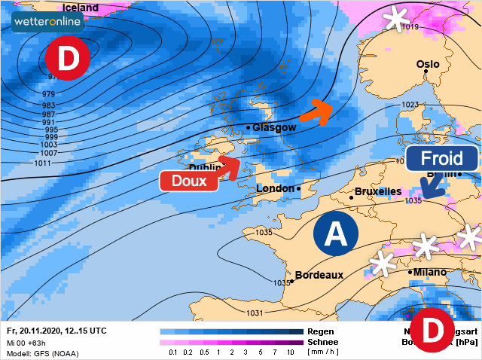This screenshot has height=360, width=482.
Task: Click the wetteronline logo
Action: pos(47,21)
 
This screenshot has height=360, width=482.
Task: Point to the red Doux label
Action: pos(188,181)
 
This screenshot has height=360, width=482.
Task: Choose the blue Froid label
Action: pos(441,159)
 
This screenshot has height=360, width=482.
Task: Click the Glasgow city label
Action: pos(274,128)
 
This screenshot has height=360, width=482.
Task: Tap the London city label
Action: pos(276,188)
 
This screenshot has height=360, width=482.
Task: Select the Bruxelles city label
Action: pos(377,191)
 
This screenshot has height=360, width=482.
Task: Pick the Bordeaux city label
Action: pos(319,275)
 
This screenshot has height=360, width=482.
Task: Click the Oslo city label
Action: pos(428,65)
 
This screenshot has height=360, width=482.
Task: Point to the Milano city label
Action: pos(429,272)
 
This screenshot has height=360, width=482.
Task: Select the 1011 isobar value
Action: pos(43,163)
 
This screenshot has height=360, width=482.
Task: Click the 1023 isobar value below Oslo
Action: pos(410,105)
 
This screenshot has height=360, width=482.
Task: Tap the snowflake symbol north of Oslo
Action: pos(394,18)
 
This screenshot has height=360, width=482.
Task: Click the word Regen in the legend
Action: pos(320,331)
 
